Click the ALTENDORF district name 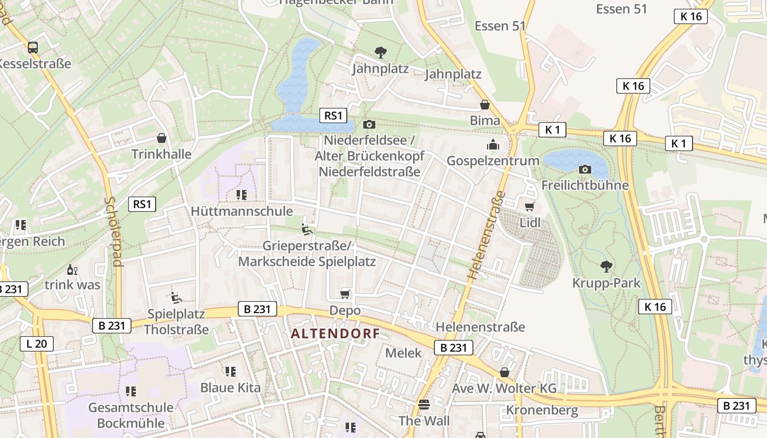pos(335,333)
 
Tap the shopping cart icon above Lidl pos(529,206)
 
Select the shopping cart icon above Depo pos(345,294)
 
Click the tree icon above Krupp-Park pos(606,267)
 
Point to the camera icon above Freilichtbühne pos(585,169)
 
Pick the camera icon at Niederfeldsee pos(369,124)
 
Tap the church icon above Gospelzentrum pos(493,145)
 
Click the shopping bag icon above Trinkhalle pos(162,137)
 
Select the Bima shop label pos(485,120)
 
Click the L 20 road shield pos(37,344)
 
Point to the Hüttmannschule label pos(242,211)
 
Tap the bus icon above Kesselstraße pos(33,47)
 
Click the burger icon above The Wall pos(424,405)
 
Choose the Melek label pos(404,353)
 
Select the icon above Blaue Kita pos(231,372)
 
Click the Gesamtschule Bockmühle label pos(131,415)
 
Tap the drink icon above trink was pos(72,269)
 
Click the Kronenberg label pos(542,410)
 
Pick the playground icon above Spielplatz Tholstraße pos(176,297)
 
